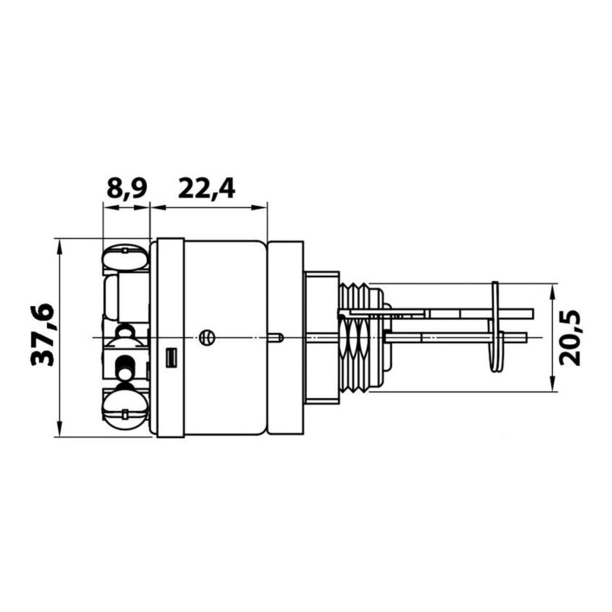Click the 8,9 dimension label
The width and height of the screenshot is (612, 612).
pos(127,189)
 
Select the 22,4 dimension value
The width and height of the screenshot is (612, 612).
pos(207,189)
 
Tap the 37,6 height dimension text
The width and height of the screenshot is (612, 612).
pos(43,335)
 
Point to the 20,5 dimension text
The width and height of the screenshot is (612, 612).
pos(570,338)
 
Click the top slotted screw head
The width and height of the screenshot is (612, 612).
pos(126,258)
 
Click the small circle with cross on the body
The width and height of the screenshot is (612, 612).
pos(207,337)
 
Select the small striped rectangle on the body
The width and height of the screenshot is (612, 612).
pos(171,357)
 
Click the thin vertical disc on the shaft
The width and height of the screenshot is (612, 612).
pos(496,327)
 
